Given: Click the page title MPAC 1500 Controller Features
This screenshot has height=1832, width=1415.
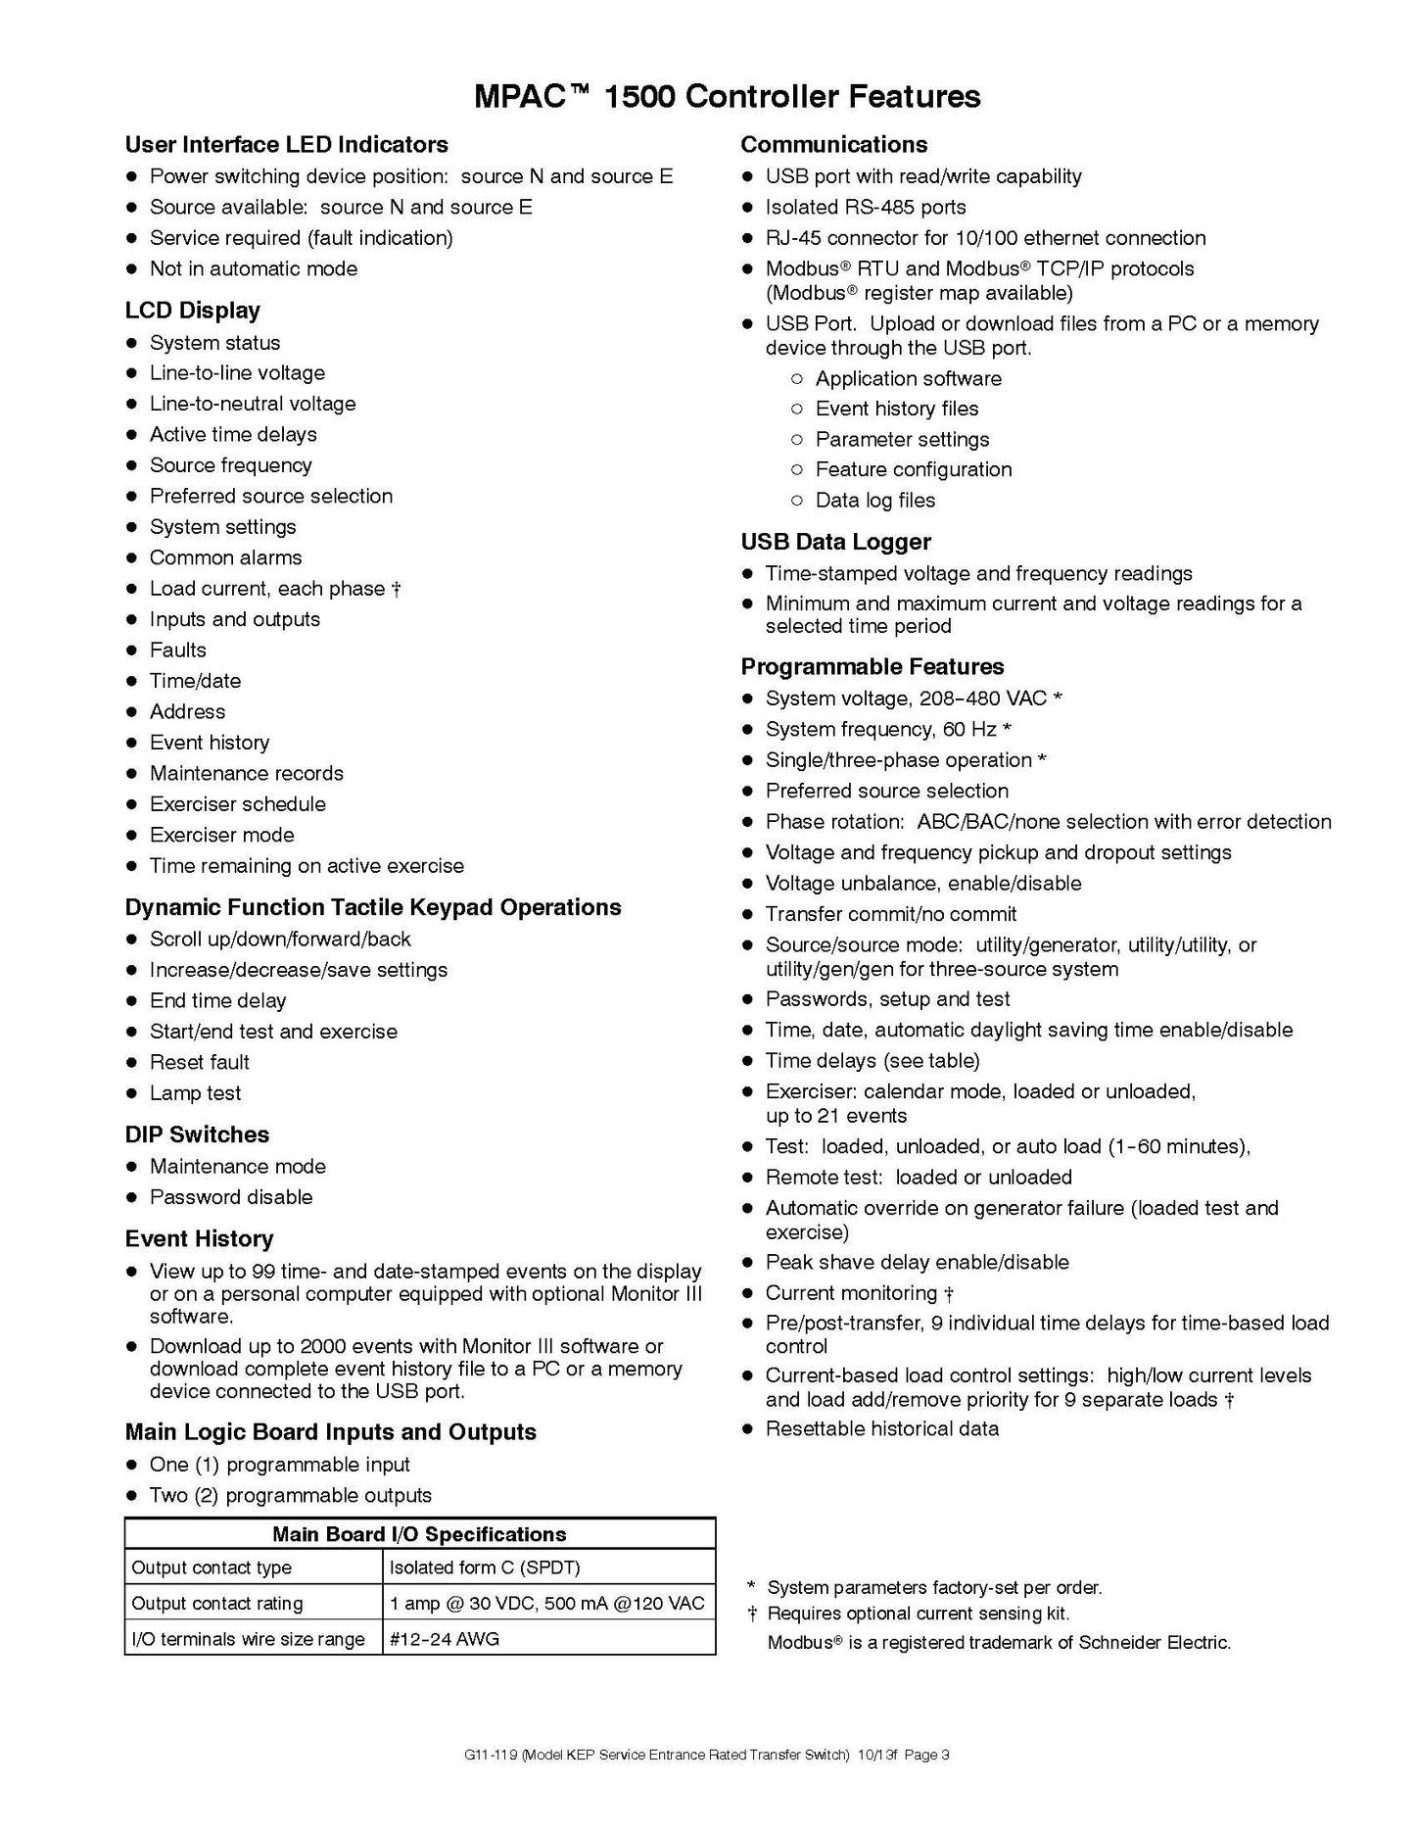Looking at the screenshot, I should (727, 96).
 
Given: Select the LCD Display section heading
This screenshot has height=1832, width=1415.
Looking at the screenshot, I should (193, 311).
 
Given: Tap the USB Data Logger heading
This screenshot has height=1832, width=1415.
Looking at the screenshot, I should (835, 542).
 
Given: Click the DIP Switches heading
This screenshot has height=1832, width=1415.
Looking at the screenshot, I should (197, 1134).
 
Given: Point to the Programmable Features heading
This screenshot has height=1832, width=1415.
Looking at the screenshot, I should (873, 666).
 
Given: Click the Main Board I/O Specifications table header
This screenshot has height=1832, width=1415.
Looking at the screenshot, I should (419, 1534).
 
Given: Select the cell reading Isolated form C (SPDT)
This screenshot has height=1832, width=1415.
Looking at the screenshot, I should (485, 1567).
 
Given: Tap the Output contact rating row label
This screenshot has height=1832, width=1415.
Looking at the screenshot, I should (217, 1604).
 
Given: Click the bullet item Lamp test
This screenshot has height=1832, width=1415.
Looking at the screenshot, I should (195, 1093).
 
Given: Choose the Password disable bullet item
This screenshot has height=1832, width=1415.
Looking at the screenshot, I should (231, 1197).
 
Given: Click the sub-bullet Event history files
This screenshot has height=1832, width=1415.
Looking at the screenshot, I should (896, 409).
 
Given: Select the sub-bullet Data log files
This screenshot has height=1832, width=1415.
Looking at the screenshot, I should (874, 501).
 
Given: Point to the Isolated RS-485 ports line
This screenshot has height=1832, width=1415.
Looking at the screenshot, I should (866, 208).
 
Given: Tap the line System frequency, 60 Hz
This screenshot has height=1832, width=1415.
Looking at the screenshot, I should (887, 730).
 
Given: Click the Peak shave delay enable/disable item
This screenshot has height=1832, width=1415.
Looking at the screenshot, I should (917, 1263).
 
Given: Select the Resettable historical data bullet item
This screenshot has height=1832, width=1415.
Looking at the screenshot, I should (882, 1429).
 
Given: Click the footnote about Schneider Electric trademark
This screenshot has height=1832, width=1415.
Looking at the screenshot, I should (999, 1643).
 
